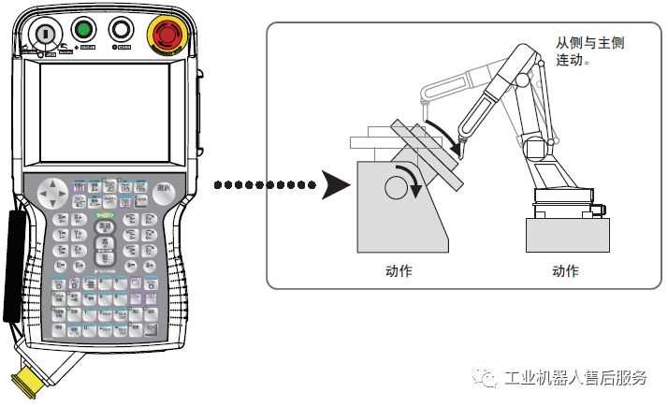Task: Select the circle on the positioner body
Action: [x=394, y=189]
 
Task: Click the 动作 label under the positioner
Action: [x=399, y=271]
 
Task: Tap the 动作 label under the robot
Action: [x=565, y=271]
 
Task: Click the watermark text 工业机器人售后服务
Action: [x=575, y=378]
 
